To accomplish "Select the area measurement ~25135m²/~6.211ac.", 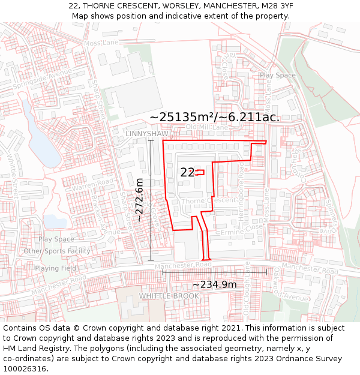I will (x=214, y=117).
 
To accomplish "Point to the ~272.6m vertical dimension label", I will (x=139, y=200).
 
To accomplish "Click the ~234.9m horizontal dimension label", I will (x=214, y=284).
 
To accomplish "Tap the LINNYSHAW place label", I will (x=147, y=133).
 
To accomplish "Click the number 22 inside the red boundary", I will (x=187, y=173).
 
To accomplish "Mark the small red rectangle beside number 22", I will (x=200, y=172).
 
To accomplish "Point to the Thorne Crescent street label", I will (x=208, y=200).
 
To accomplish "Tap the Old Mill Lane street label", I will (x=207, y=127).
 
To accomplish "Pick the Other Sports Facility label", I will (x=57, y=251).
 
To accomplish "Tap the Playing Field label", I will (x=55, y=268).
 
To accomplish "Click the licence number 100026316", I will (x=26, y=368).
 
